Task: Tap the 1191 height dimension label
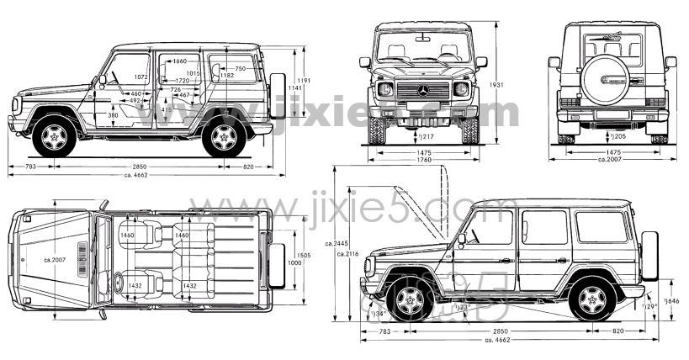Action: tap(305, 81)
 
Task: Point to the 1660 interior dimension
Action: tap(179, 61)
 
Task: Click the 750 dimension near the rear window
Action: tap(240, 68)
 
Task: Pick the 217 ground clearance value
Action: tap(427, 136)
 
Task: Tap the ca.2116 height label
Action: tap(347, 253)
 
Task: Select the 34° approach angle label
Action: tap(379, 313)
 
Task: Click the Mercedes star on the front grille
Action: tap(423, 90)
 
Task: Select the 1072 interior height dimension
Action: tap(140, 77)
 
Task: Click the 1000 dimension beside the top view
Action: tap(293, 263)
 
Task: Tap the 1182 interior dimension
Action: tap(226, 76)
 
